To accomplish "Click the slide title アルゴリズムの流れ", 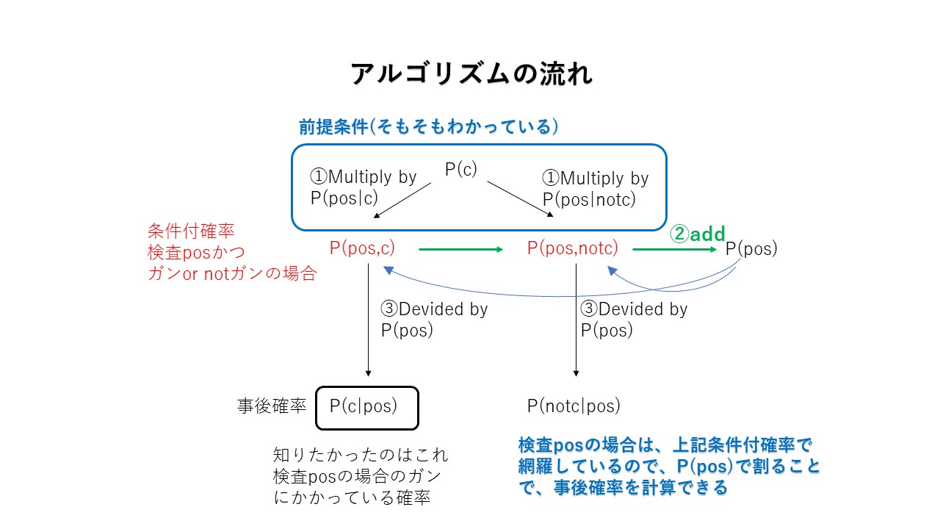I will [471, 73].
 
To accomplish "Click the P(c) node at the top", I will [461, 169].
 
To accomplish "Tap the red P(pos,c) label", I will [362, 248].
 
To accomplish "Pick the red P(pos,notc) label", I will [572, 248].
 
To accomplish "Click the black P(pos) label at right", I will [751, 248].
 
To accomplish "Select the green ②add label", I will [697, 234].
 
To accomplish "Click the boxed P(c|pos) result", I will [366, 407].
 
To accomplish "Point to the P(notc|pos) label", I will [574, 406].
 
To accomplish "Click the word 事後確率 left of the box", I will [272, 406].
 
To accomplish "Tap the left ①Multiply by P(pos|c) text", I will [363, 188].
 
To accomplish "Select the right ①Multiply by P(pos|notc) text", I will [595, 189].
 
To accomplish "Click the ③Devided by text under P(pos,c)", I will [434, 320].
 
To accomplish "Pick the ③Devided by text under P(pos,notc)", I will [634, 320].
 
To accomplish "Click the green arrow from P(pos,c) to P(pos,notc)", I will [460, 250].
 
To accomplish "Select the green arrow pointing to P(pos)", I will [674, 250].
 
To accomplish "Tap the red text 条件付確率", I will [191, 231].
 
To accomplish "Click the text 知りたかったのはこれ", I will [360, 455].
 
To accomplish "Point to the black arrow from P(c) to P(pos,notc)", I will [520, 199].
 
